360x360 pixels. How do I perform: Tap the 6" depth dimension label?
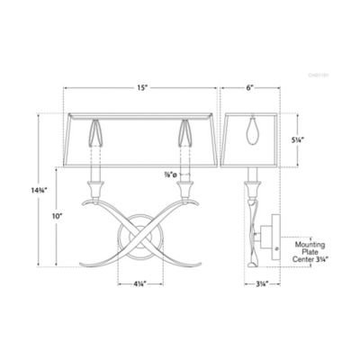point(251,88)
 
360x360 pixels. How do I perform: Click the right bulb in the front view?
point(186,133)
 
